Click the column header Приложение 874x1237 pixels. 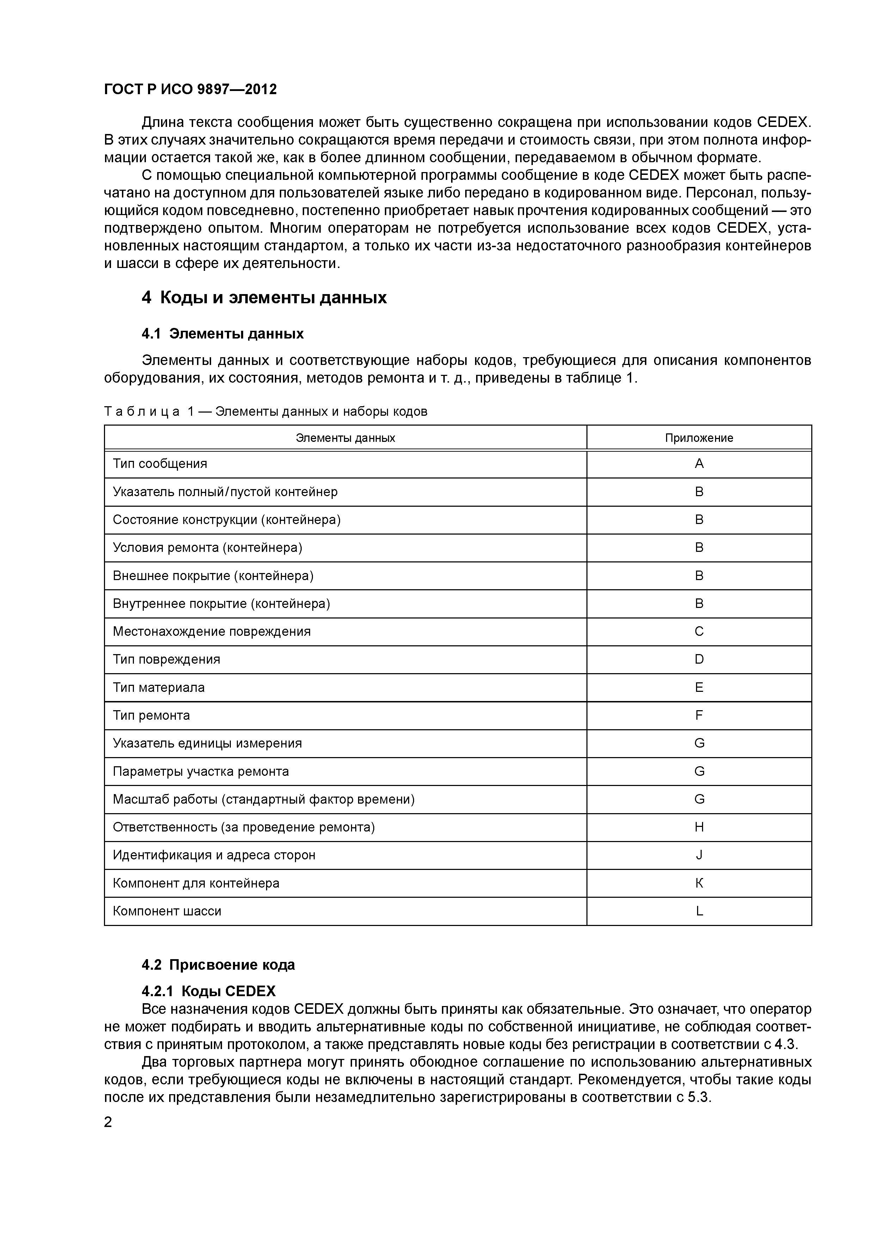pyautogui.click(x=698, y=438)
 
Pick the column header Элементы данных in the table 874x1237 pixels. pyautogui.click(x=345, y=438)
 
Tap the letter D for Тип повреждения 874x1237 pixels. pyautogui.click(x=699, y=659)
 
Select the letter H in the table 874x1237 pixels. pyautogui.click(x=699, y=827)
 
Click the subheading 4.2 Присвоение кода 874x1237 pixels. pyautogui.click(x=218, y=964)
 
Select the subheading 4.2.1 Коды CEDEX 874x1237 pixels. pyautogui.click(x=208, y=991)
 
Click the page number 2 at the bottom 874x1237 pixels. pyautogui.click(x=108, y=1122)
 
